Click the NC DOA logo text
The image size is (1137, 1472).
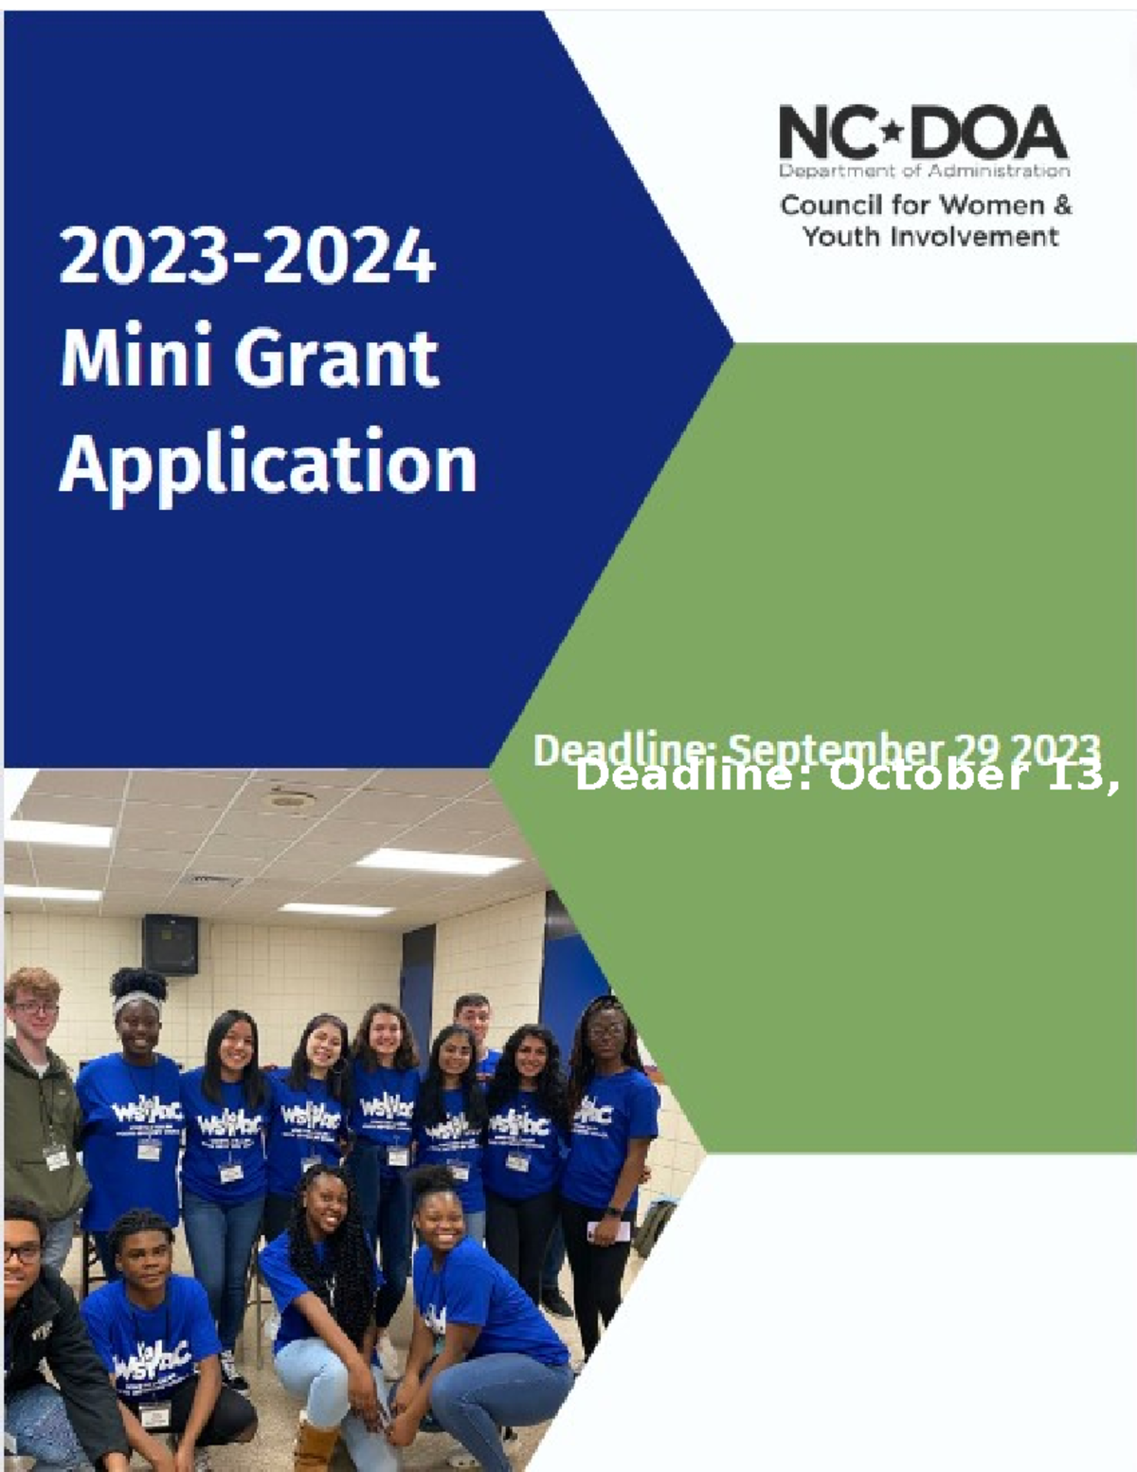[923, 133]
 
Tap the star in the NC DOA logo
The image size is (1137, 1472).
[891, 132]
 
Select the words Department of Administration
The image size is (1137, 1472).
[924, 172]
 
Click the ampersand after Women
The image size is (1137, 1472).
[1062, 205]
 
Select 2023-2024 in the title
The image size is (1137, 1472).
[247, 256]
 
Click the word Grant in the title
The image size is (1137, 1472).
[336, 358]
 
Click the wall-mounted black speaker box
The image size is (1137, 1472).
[171, 944]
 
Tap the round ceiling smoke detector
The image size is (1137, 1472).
[285, 799]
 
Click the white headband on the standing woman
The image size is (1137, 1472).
[136, 1001]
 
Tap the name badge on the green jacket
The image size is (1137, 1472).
[56, 1157]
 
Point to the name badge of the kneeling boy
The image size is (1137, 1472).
[153, 1412]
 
